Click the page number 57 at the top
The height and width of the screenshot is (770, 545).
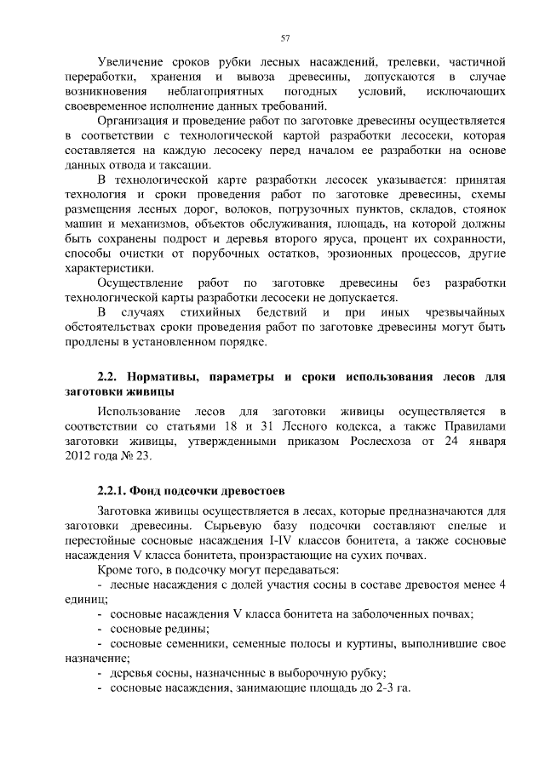click(x=285, y=37)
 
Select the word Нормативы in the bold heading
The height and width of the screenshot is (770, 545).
click(x=163, y=377)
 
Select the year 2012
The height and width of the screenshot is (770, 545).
click(x=80, y=457)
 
